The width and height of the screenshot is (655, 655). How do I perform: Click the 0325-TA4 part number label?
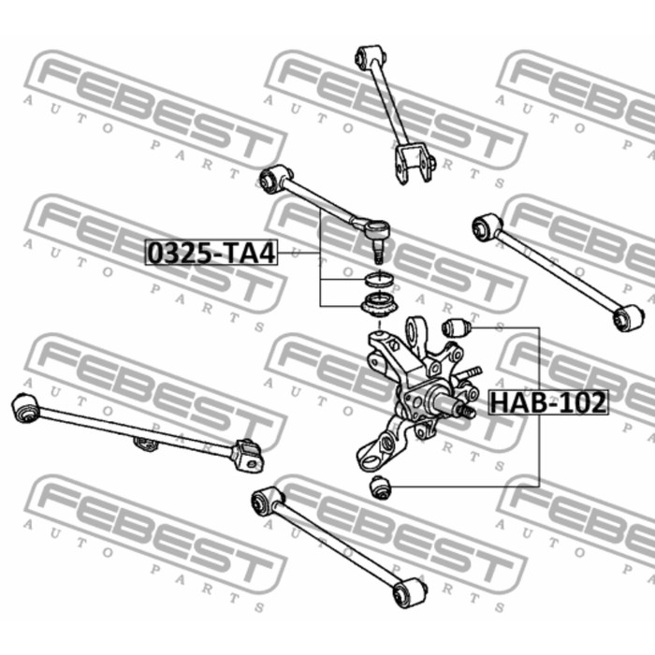click(x=211, y=253)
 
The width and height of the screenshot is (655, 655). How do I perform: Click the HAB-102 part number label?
click(x=548, y=402)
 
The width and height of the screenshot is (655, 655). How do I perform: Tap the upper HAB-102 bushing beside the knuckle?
click(x=457, y=327)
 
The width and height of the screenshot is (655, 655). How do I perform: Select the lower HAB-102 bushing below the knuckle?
click(x=380, y=487)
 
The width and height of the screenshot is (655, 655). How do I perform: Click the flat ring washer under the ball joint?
click(x=379, y=279)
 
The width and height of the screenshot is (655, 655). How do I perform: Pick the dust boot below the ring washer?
click(x=379, y=306)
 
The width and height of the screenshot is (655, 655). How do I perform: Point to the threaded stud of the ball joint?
click(x=378, y=254)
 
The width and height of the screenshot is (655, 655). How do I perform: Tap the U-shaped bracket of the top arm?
click(x=415, y=164)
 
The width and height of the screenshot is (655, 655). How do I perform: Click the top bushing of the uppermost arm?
click(x=370, y=56)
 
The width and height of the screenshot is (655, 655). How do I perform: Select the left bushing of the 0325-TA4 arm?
click(x=274, y=179)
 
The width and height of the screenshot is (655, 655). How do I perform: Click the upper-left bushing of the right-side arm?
click(x=488, y=226)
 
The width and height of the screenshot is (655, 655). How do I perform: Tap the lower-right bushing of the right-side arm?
click(x=628, y=318)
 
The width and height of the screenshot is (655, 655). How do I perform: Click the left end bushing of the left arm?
click(x=25, y=407)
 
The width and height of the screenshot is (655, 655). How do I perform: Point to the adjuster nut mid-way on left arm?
click(x=145, y=444)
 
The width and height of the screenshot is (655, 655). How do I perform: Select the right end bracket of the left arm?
click(x=249, y=456)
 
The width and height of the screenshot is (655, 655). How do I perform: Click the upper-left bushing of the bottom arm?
click(x=267, y=500)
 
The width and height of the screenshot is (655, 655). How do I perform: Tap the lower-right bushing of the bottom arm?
click(x=410, y=592)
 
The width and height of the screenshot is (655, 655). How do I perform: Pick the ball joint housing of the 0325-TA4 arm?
click(x=377, y=228)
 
